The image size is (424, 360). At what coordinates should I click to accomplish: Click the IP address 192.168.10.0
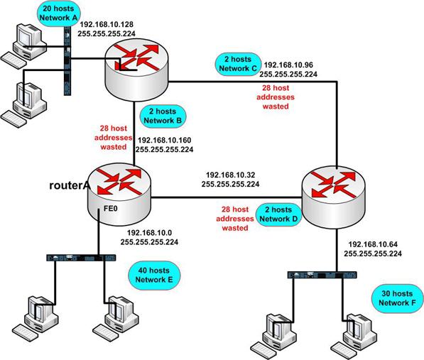[154, 232]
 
